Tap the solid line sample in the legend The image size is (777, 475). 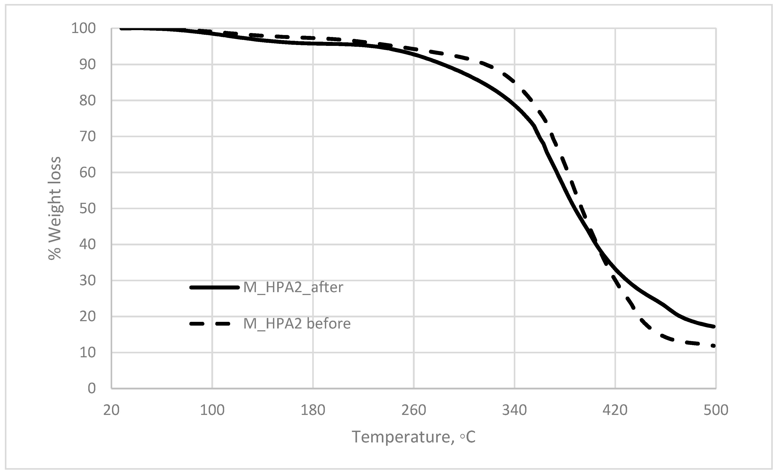pos(214,287)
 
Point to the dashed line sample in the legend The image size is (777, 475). pos(210,324)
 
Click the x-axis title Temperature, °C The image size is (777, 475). pos(413,437)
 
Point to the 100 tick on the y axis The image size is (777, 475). pos(83,29)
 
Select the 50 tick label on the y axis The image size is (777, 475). pos(87,209)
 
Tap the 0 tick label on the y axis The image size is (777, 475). pos(91,388)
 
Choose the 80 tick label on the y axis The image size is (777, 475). pos(87,101)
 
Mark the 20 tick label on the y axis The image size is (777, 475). pos(87,317)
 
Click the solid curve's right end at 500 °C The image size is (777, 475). pos(714,326)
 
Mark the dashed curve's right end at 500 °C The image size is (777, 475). pos(714,346)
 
